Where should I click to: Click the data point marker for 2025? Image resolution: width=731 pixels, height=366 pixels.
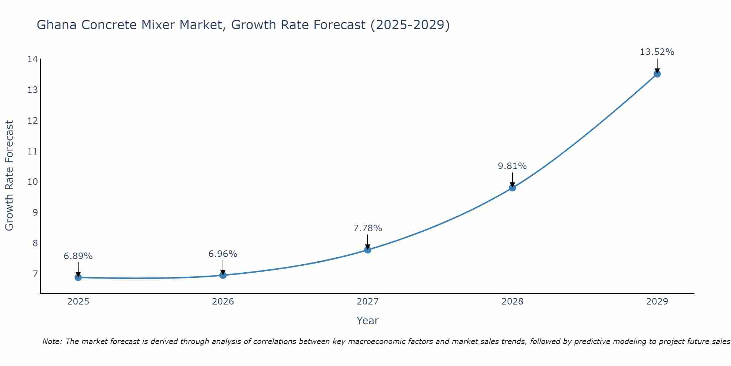78,277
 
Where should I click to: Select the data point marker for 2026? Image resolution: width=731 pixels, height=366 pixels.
223,275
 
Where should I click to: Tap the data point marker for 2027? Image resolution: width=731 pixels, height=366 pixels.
368,250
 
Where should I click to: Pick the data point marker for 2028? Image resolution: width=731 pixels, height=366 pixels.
512,188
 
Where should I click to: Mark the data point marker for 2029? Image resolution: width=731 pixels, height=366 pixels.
657,74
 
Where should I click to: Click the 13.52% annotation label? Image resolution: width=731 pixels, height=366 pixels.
657,52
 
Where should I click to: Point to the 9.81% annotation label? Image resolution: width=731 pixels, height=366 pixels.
512,166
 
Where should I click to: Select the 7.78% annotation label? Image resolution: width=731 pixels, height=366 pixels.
367,228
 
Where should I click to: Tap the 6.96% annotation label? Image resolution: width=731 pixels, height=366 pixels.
223,254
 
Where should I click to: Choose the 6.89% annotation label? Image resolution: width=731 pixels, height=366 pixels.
78,256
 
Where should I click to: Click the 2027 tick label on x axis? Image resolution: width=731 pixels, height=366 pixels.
368,302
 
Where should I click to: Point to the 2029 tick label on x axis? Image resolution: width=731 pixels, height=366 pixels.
657,302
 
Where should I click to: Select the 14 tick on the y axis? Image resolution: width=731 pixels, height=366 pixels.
33,59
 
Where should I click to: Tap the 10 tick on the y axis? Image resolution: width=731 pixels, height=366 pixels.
33,182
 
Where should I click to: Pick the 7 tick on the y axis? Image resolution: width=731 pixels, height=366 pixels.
35,274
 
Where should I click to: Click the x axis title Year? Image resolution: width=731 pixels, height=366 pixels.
367,321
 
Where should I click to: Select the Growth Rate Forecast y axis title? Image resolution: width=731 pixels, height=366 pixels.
9,176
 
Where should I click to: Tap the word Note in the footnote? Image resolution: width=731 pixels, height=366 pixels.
52,341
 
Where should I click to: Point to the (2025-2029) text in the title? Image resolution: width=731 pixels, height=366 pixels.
410,25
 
